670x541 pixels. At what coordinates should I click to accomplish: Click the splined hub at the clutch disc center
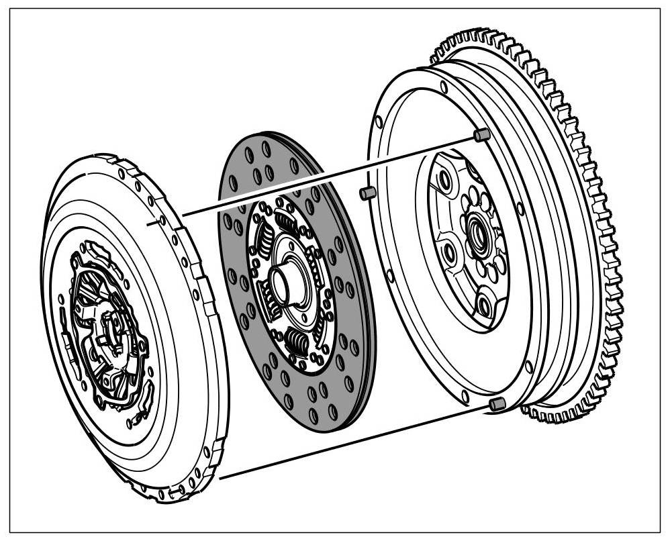click(x=281, y=285)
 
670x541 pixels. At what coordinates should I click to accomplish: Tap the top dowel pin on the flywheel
click(x=480, y=136)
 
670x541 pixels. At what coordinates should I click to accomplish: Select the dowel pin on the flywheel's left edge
click(x=366, y=193)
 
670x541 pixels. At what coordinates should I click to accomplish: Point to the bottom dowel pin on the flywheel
click(x=497, y=403)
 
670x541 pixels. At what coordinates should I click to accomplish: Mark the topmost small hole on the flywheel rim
click(x=444, y=87)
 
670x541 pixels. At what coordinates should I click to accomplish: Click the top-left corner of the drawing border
click(x=10, y=9)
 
